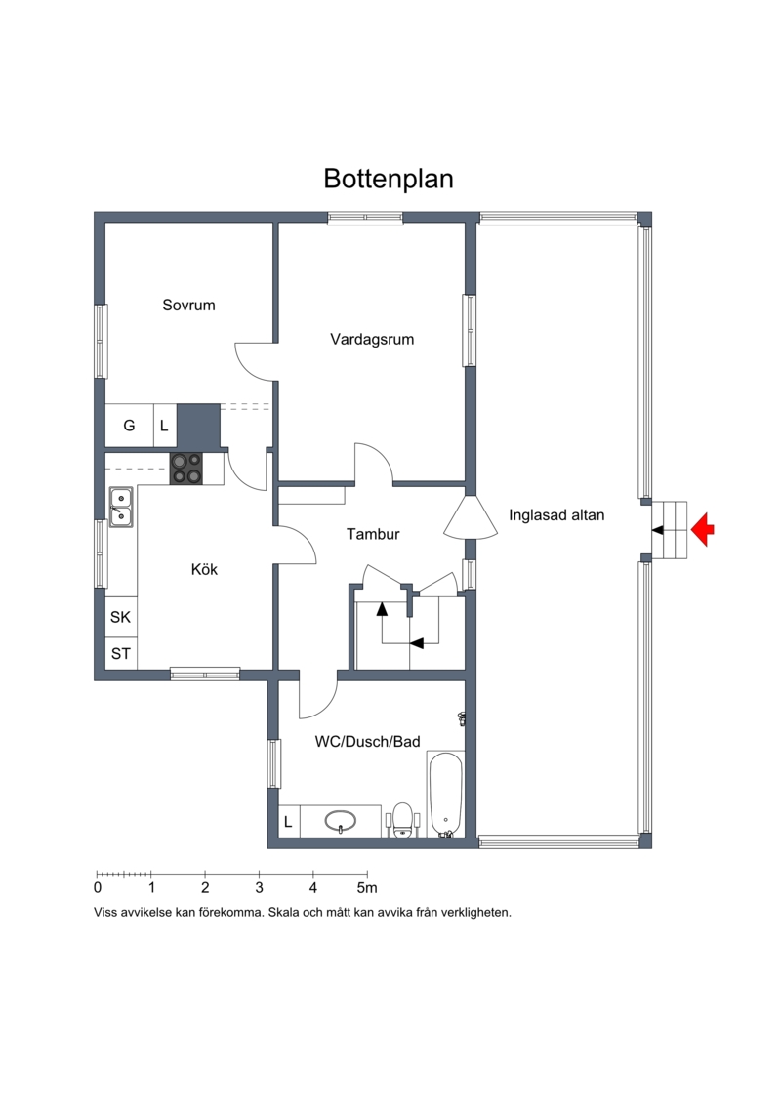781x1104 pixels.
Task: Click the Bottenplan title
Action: pos(388,179)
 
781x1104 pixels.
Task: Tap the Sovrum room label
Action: pos(188,305)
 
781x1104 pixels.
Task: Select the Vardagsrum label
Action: pos(372,340)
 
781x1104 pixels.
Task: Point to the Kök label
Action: pos(204,569)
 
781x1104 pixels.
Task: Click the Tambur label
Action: pos(373,534)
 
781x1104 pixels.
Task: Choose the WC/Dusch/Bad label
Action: pos(368,742)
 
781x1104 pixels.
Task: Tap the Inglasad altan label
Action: pos(556,515)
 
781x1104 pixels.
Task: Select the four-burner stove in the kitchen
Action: pos(186,469)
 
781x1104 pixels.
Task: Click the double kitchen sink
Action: pos(121,507)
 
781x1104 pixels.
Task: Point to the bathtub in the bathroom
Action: pos(444,795)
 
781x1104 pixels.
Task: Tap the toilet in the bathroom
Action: pos(403,820)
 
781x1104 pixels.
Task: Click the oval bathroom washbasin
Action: pos(340,820)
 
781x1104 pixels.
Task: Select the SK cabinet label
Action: pos(120,617)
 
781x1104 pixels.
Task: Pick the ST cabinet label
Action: pos(120,653)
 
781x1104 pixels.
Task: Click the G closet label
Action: pos(129,426)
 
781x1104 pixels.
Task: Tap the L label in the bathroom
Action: pos(288,822)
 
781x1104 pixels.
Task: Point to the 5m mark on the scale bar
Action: pos(367,888)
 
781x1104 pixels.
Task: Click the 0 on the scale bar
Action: pos(98,888)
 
